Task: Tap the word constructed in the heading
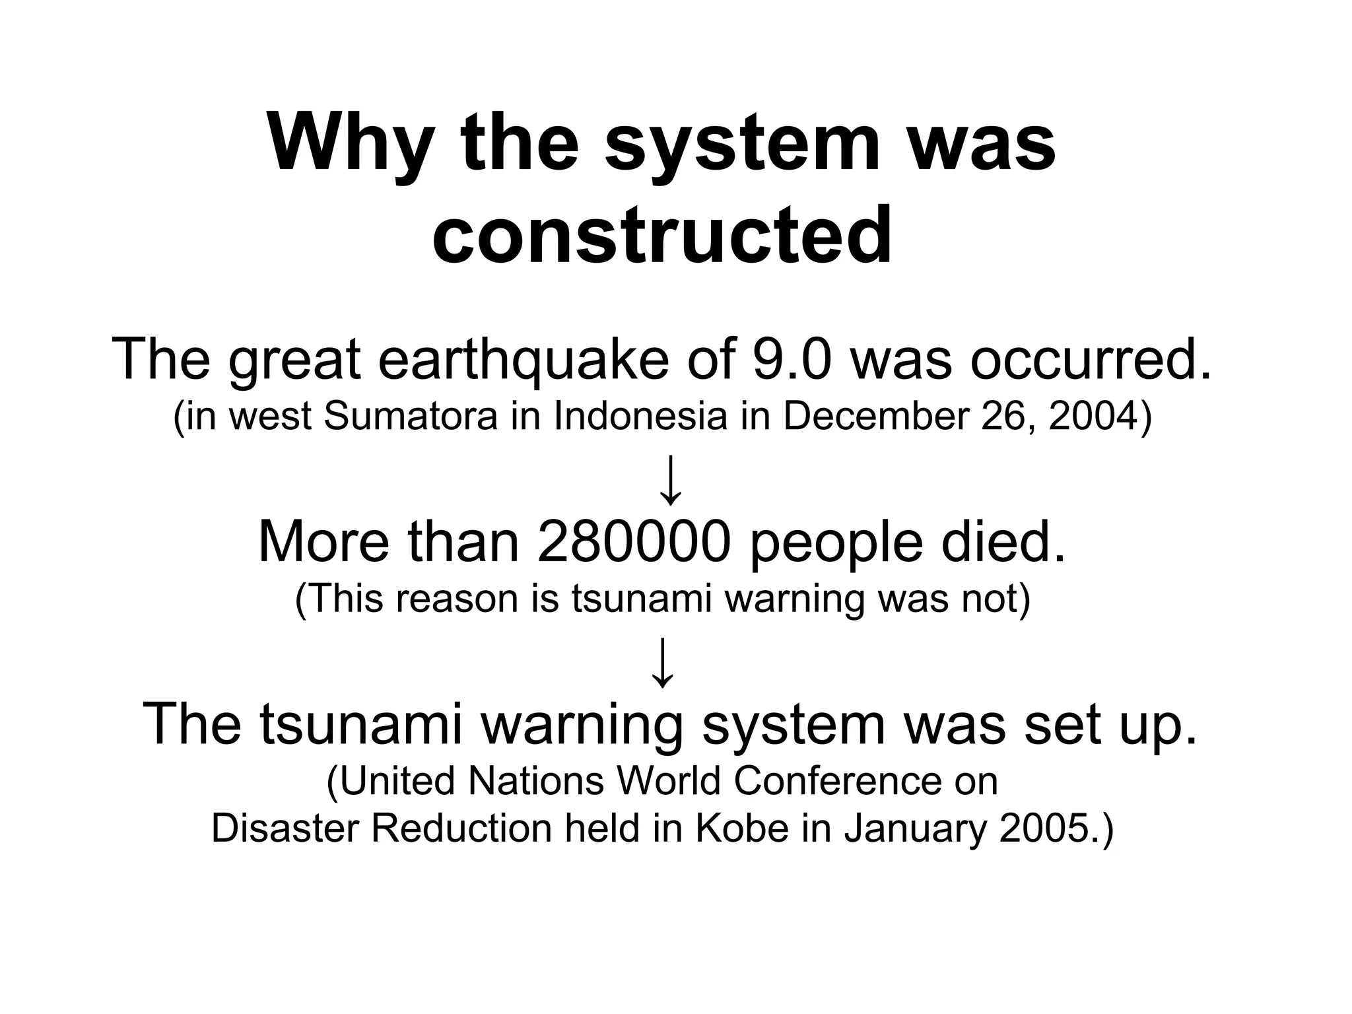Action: (x=662, y=234)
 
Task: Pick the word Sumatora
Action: (x=411, y=417)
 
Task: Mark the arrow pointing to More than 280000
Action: (x=671, y=480)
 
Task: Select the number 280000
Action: (x=634, y=543)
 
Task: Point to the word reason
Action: (x=456, y=599)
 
